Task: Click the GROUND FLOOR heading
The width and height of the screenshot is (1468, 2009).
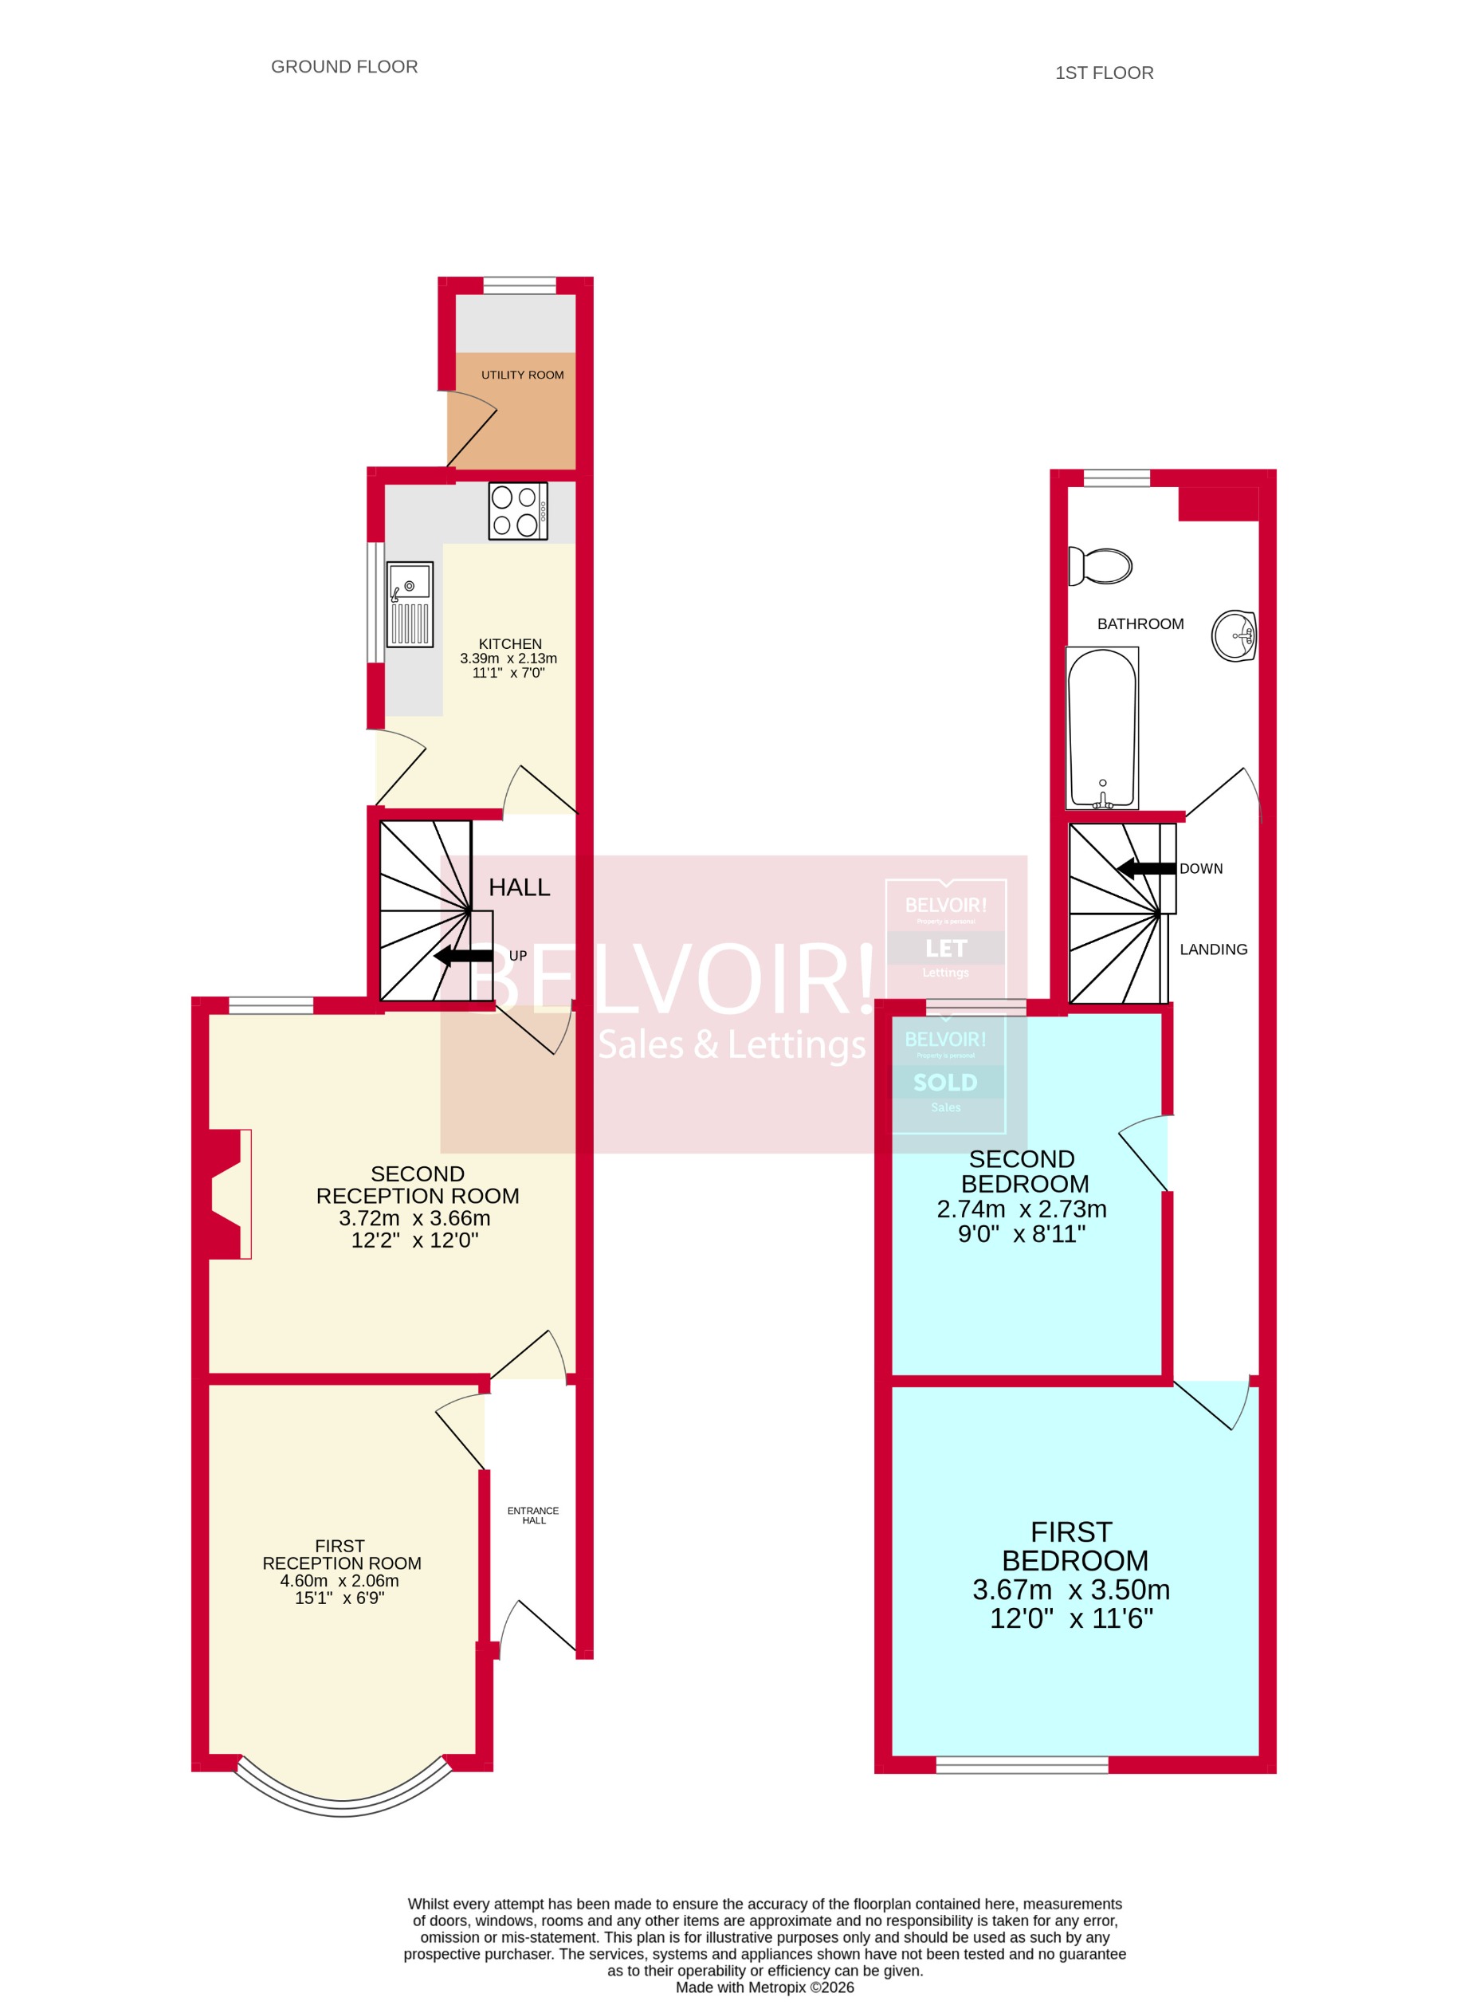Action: point(344,67)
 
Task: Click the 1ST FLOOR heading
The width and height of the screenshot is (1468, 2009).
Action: point(1104,73)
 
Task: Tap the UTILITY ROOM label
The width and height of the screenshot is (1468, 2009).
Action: point(523,375)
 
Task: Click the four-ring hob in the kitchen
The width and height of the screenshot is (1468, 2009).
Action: point(518,511)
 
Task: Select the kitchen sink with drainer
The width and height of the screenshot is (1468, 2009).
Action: point(410,604)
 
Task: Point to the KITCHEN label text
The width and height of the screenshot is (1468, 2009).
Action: point(510,643)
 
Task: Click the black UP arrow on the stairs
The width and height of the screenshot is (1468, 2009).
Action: point(464,957)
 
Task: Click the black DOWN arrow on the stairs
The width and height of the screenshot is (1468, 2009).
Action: point(1146,868)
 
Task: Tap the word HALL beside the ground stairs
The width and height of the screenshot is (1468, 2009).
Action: point(519,887)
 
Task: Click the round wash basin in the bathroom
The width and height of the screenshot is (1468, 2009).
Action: point(1234,635)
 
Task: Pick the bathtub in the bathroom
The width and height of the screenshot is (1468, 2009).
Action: point(1102,728)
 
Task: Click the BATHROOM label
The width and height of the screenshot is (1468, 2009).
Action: point(1140,624)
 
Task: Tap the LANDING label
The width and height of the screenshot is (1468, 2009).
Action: point(1213,949)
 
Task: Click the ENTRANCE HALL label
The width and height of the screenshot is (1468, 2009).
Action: point(533,1515)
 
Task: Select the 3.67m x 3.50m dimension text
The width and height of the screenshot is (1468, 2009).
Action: point(1071,1590)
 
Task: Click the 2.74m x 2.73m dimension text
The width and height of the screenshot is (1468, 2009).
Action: point(1021,1209)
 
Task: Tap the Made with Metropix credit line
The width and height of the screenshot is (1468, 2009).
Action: point(764,1987)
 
